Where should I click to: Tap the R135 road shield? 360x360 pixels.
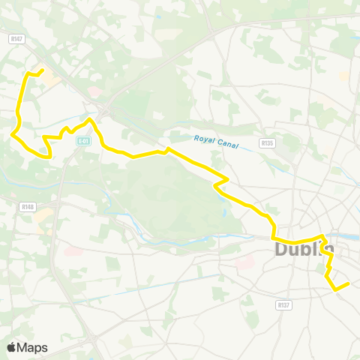267,142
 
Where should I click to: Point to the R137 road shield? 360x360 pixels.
283,305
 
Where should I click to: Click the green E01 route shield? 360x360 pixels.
83,140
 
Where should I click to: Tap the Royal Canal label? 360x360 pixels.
215,142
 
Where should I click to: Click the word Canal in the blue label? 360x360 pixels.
226,144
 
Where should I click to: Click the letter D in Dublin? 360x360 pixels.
282,248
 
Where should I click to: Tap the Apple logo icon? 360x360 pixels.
12,347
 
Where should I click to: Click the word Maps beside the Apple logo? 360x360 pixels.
32,347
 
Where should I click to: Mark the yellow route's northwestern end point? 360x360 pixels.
42,70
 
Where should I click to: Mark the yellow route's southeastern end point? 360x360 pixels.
349,283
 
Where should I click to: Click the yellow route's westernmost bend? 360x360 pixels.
13,135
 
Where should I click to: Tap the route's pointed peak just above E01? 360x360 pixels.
91,119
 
